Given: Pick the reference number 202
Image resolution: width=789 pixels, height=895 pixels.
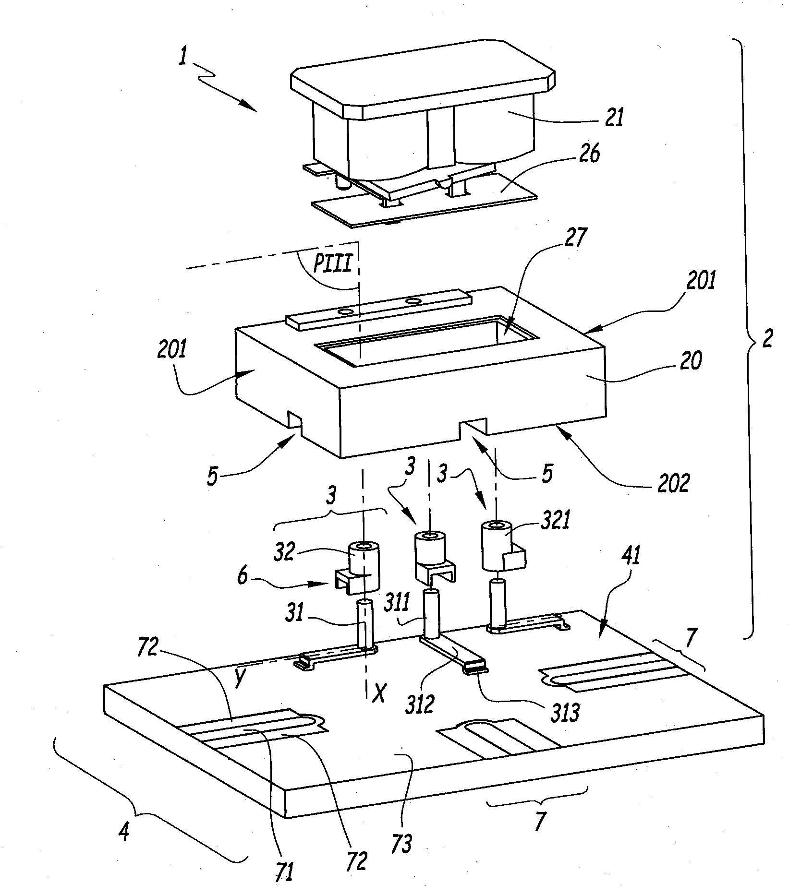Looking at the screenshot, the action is (670, 483).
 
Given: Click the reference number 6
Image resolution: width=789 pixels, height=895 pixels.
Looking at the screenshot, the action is (243, 575).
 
